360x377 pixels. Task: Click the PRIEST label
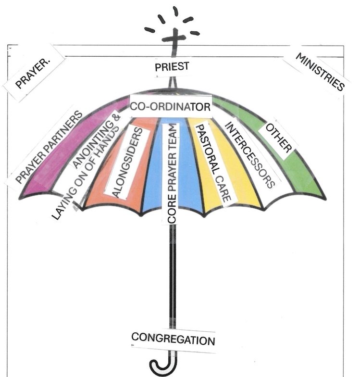[x=172, y=67]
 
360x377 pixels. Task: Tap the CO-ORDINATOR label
[x=171, y=106]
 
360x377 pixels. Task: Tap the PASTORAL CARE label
[x=212, y=162]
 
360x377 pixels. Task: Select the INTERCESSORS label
[x=249, y=154]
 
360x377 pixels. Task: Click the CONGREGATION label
[x=173, y=339]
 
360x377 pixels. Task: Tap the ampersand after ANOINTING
[x=115, y=117]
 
